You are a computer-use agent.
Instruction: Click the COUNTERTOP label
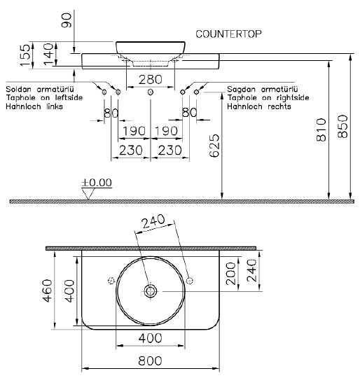click(x=228, y=34)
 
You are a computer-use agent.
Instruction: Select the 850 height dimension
click(x=342, y=126)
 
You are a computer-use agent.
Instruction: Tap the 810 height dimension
click(x=321, y=129)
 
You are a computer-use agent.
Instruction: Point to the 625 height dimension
click(x=214, y=146)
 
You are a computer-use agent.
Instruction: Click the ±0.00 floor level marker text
click(x=97, y=183)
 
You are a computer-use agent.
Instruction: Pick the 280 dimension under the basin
click(x=150, y=80)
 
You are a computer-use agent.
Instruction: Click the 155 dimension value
click(x=25, y=55)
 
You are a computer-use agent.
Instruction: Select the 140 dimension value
click(x=49, y=54)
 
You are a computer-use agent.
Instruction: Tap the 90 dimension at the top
click(x=67, y=20)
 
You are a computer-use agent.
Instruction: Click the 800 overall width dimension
click(x=150, y=361)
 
